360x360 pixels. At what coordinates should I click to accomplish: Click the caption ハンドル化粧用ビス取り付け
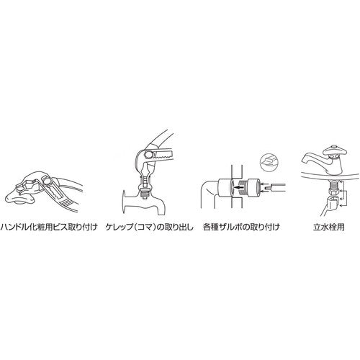click(49, 227)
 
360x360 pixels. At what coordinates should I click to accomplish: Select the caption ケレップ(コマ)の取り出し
click(150, 227)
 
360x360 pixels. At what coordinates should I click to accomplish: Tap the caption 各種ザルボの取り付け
click(241, 227)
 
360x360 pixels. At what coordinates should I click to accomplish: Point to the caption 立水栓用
click(328, 227)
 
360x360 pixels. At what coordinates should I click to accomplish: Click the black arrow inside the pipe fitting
click(238, 187)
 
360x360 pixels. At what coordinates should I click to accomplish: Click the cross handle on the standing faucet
click(336, 150)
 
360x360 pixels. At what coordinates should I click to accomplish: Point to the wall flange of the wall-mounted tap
click(125, 201)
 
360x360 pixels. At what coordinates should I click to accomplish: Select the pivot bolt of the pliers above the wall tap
click(149, 154)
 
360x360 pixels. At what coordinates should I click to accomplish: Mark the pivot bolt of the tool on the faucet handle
click(47, 180)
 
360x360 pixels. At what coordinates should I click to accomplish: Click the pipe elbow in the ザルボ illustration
click(210, 192)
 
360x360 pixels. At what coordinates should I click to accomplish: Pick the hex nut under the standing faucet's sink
click(333, 192)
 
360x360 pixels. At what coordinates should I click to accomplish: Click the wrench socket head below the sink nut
click(333, 201)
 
